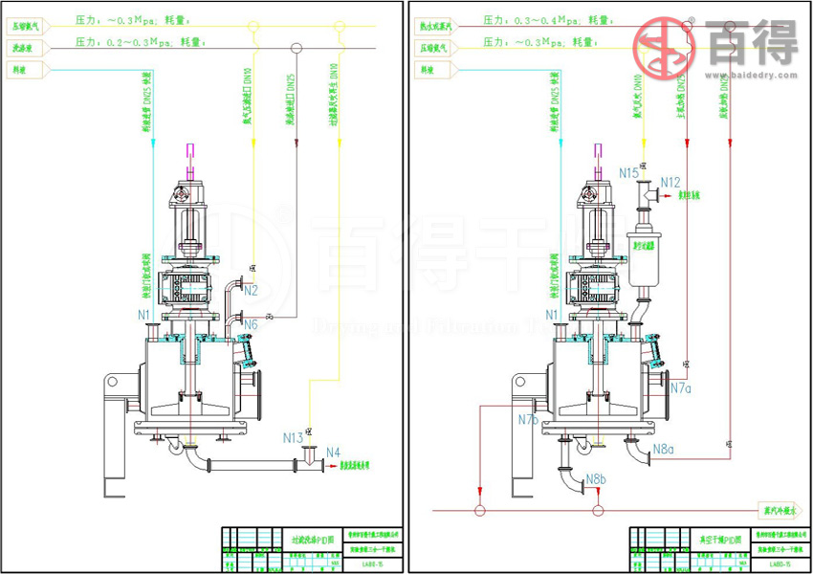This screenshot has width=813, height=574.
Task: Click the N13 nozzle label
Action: [293, 437]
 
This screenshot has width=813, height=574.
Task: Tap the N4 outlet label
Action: [333, 452]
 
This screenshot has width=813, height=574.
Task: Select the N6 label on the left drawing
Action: [251, 325]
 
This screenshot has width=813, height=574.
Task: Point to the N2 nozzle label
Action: [251, 290]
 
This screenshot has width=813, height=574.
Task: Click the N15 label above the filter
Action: [628, 173]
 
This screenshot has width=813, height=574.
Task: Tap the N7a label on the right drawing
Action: [680, 388]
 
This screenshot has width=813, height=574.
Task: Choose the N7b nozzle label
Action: [528, 419]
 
